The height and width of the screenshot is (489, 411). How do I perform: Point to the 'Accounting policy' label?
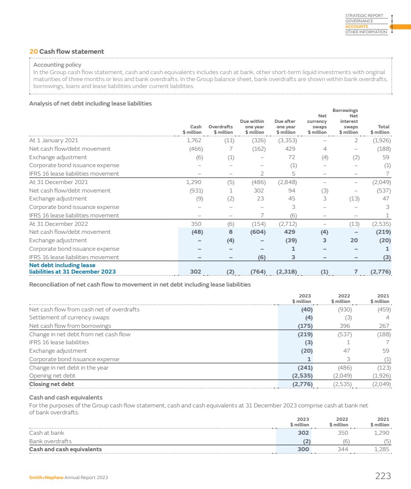tap(57, 65)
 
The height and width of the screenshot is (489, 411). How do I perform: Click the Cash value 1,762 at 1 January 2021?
tap(193, 140)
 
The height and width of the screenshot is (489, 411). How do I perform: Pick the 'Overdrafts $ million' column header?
tap(220, 129)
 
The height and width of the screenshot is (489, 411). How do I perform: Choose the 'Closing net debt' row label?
tap(51, 385)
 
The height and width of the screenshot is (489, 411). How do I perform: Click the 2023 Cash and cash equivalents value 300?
tap(303, 449)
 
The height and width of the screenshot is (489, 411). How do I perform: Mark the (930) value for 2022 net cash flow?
tap(342, 309)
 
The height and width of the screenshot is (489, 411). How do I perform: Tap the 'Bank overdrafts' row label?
tap(50, 441)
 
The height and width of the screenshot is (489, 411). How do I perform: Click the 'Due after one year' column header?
tap(285, 126)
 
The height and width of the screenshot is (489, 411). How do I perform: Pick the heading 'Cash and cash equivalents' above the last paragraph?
tap(66, 397)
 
